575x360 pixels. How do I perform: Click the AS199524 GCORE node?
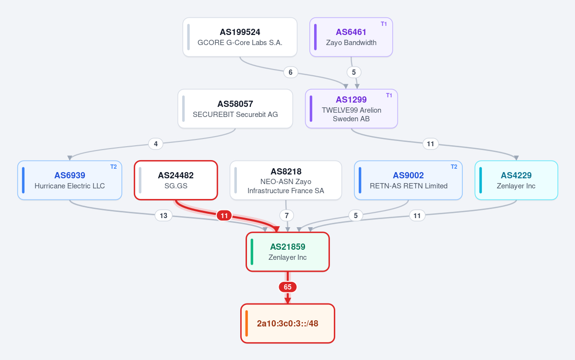(240, 37)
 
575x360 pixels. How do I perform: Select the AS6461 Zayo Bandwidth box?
(351, 37)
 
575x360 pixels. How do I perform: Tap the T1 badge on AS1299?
(389, 95)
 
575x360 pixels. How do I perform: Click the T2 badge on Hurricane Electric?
(113, 167)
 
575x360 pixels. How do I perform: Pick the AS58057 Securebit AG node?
(235, 109)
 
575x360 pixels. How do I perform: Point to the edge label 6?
(291, 72)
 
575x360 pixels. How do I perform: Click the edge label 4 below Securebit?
(156, 144)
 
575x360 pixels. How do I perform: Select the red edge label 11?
(224, 216)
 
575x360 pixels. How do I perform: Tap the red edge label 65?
(288, 287)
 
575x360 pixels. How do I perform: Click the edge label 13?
(164, 216)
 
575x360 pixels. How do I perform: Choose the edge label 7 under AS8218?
(287, 216)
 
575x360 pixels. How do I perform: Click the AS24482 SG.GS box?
(176, 180)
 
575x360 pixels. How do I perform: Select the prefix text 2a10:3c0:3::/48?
(288, 324)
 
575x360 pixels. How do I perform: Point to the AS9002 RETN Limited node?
(408, 180)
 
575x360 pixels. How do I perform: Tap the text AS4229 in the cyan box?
(516, 175)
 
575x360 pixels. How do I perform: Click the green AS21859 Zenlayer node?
(288, 252)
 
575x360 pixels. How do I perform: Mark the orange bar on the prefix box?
(246, 324)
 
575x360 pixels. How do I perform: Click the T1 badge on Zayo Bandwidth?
(384, 24)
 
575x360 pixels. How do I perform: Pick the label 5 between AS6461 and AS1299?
(354, 72)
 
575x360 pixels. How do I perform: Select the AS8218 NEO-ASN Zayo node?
(286, 180)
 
